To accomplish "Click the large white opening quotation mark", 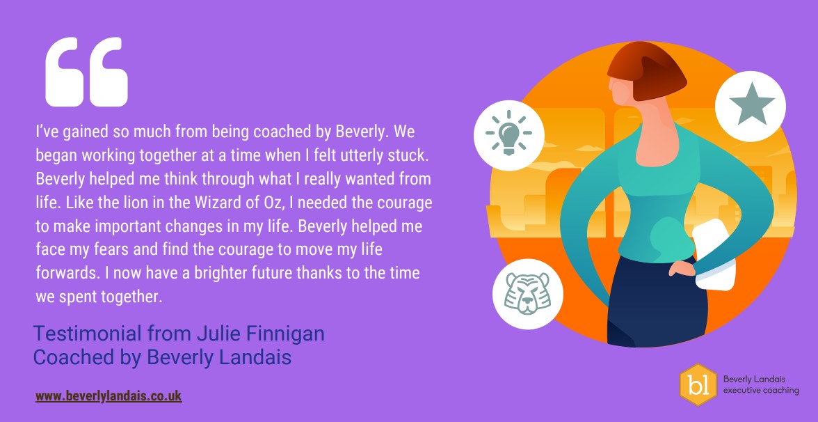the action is (86, 72).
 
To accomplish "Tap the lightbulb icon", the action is (508, 135).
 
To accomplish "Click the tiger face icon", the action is (527, 294).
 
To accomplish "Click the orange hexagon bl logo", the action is (698, 384).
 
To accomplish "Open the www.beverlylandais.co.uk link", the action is (109, 396).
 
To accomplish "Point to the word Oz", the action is (273, 203).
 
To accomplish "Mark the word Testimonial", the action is (88, 333).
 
